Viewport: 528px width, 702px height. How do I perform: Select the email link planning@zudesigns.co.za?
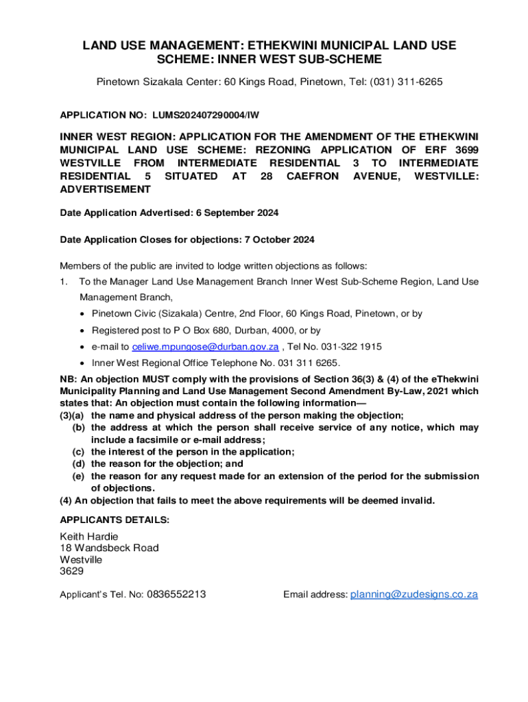(413, 594)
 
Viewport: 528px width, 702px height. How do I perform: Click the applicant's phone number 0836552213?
(175, 594)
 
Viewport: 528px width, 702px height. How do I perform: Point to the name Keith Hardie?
(89, 536)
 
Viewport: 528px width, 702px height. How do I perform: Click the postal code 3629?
(71, 571)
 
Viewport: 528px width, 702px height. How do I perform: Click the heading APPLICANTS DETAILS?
(115, 520)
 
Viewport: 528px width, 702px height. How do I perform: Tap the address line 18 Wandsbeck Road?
(109, 548)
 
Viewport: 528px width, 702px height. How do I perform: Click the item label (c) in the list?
(79, 452)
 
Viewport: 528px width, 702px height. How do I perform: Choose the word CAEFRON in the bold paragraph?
(313, 176)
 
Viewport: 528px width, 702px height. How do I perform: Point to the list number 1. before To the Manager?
(63, 282)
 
